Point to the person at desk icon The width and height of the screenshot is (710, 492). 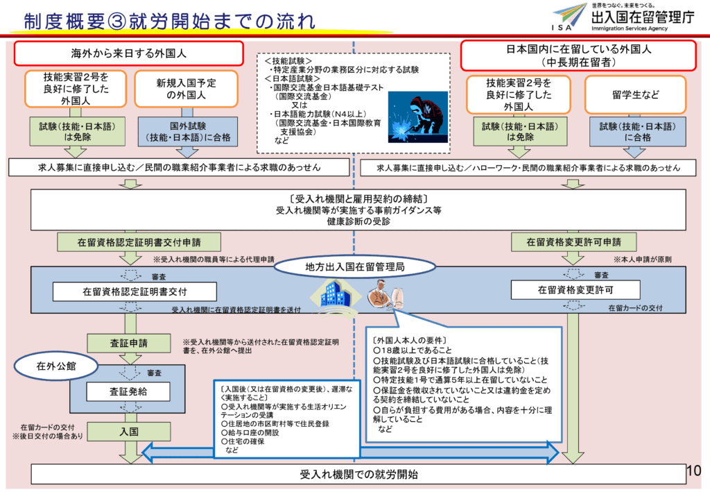[x=383, y=294]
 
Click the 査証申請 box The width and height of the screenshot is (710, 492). [x=128, y=343]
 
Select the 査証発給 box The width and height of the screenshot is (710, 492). [x=128, y=391]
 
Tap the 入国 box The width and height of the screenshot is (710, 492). [x=128, y=432]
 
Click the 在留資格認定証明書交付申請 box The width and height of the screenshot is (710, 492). [x=139, y=241]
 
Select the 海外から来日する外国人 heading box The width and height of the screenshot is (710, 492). [x=129, y=53]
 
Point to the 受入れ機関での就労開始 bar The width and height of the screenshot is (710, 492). [x=358, y=475]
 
